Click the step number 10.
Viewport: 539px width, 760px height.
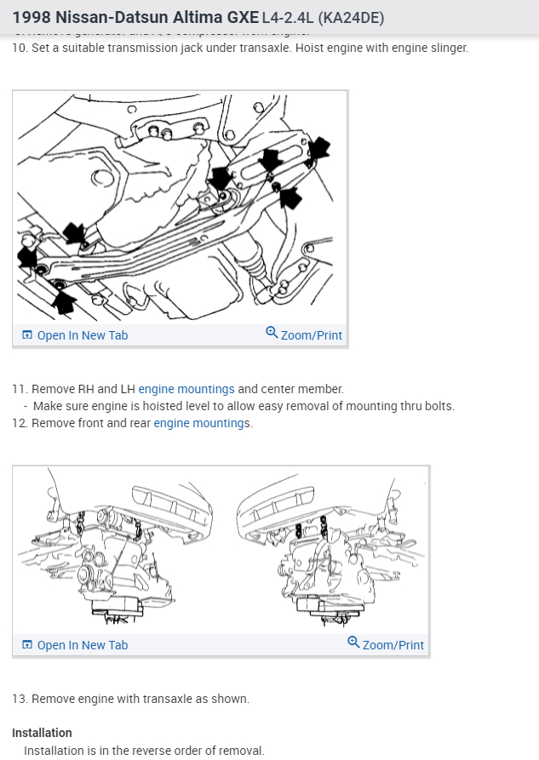pos(19,48)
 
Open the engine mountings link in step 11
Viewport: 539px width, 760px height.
pos(186,389)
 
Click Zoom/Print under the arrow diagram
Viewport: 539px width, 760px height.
pos(311,335)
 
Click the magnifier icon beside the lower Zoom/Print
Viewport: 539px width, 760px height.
pos(353,643)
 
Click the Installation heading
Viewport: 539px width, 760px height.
pos(42,733)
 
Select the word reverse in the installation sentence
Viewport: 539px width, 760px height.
pos(138,750)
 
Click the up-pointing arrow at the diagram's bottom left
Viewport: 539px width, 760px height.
pos(63,301)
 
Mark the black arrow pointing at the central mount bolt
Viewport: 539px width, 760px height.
pos(221,179)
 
